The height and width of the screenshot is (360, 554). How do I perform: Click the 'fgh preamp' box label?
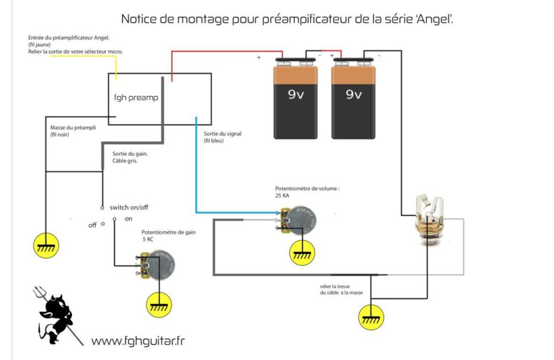136,98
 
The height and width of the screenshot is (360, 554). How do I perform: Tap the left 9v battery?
295,97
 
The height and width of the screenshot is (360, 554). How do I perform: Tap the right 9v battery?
353,97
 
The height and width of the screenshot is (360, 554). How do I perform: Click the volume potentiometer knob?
297,221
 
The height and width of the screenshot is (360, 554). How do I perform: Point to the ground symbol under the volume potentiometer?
301,252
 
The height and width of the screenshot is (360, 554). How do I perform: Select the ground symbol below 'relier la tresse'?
371,316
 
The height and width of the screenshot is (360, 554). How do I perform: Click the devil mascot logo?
57,317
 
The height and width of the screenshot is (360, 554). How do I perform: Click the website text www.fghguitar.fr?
138,341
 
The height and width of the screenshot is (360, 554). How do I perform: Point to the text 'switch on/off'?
129,207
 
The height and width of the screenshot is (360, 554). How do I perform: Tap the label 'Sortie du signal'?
223,133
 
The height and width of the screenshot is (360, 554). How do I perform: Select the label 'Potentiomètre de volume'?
307,189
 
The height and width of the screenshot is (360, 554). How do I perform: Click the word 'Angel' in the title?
437,19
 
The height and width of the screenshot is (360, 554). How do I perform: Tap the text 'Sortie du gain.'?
130,153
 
